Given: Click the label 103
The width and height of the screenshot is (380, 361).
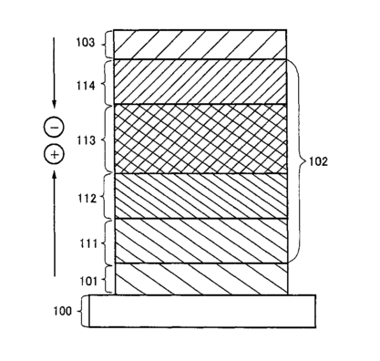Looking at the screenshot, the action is point(86,43).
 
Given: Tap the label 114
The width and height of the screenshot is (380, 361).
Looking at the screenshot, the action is point(86,86).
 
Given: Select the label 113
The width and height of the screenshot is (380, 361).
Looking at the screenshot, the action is point(86,140).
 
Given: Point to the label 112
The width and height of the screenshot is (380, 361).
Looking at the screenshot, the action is point(87,199).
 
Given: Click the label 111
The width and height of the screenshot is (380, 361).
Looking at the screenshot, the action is point(88,243).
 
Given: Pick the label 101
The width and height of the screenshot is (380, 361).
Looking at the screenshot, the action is point(88,281).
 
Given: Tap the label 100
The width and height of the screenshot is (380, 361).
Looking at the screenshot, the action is point(63,311).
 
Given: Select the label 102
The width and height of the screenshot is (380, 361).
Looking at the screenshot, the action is point(318,161).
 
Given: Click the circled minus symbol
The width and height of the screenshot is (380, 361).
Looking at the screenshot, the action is point(55,127).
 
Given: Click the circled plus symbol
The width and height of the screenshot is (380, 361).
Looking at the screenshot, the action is point(55,154).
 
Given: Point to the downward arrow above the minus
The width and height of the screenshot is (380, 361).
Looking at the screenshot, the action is point(54,73).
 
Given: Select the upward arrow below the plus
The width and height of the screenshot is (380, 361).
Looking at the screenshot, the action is point(55,223).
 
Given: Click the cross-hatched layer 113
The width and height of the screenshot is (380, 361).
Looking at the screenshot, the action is point(200,139).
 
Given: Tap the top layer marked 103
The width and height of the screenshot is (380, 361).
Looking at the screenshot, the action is point(200,45).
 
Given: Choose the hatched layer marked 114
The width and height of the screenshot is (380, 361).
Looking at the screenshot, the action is point(200,82).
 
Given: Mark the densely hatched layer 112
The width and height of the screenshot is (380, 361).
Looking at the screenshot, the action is point(200,196).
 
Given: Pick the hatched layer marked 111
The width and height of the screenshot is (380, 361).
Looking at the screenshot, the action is point(201,241).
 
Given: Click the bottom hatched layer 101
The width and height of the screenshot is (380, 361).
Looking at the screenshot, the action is point(201,279).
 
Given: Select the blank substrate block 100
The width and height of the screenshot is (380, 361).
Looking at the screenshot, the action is point(202,311).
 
